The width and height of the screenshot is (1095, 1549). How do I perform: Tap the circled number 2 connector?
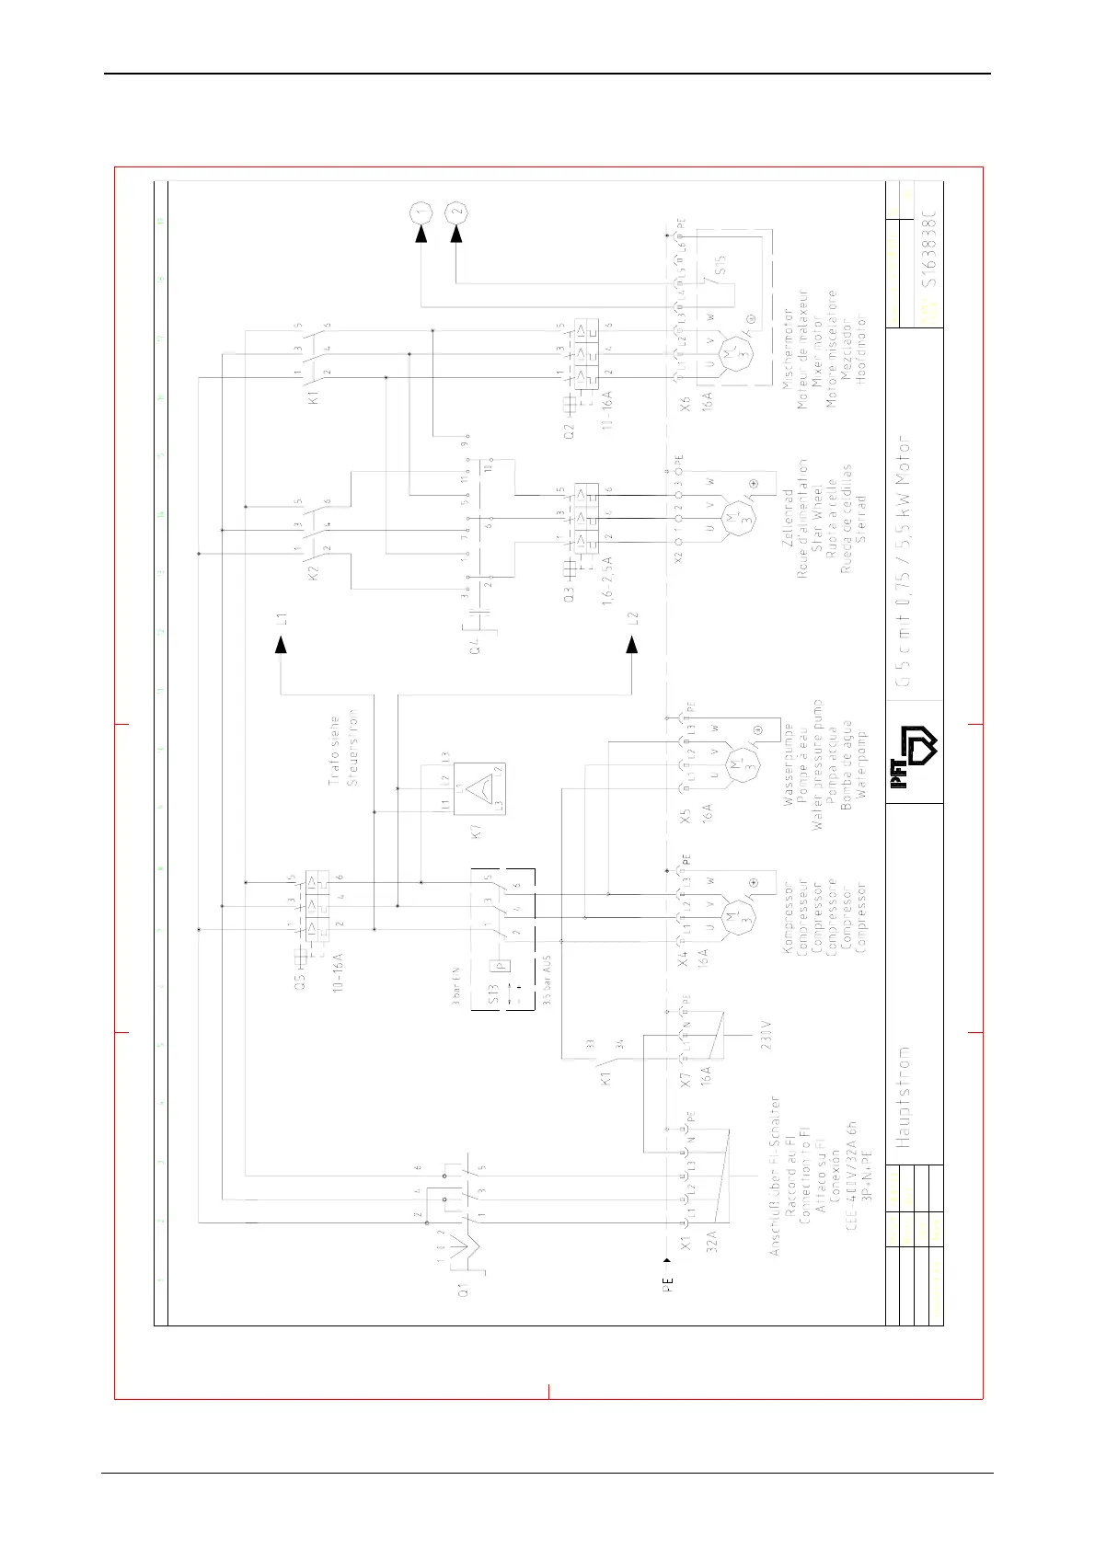click(x=455, y=212)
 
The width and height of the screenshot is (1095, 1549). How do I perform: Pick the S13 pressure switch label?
click(x=494, y=993)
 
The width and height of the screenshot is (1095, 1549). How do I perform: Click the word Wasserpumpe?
click(x=789, y=765)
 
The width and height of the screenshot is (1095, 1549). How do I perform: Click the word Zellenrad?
click(x=788, y=518)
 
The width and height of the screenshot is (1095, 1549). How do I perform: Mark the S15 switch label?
click(x=721, y=264)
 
